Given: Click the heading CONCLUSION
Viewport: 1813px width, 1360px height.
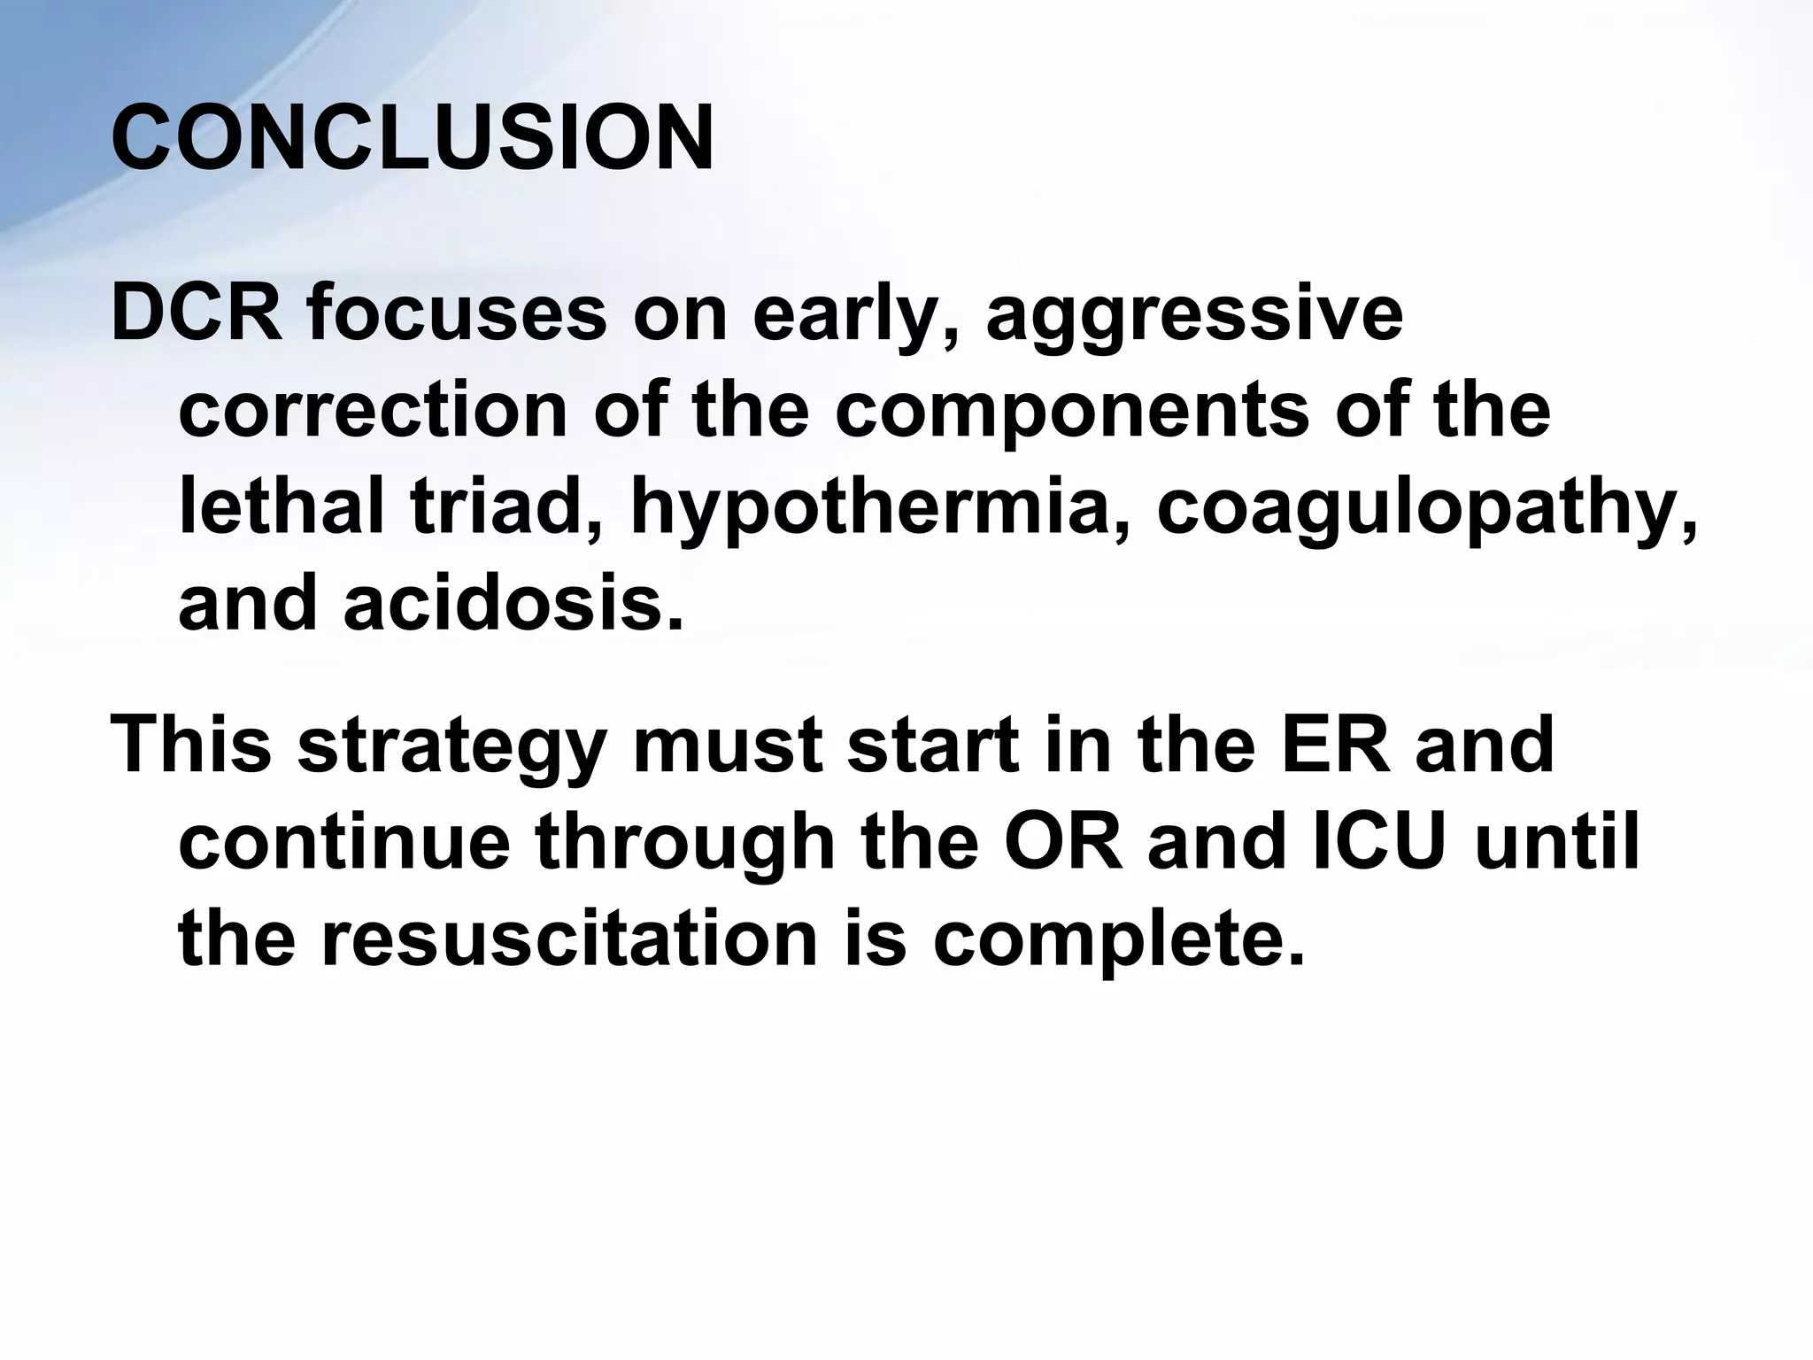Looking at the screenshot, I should (x=413, y=140).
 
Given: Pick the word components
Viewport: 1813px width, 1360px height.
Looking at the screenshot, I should (x=1071, y=414).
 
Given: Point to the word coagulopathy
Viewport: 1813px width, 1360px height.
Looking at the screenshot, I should (x=1427, y=512).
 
